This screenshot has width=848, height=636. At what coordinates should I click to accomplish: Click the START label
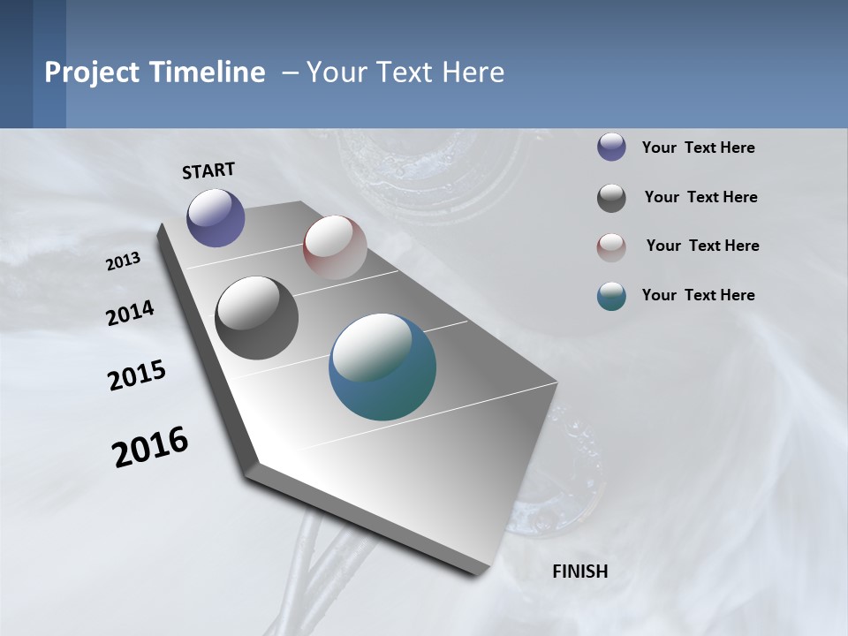pyautogui.click(x=208, y=170)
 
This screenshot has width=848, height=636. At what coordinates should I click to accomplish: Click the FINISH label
pyautogui.click(x=580, y=572)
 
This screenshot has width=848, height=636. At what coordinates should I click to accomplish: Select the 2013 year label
pyautogui.click(x=124, y=261)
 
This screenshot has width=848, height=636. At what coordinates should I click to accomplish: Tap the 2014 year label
pyautogui.click(x=130, y=314)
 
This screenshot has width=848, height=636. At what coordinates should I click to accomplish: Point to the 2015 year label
pyautogui.click(x=137, y=375)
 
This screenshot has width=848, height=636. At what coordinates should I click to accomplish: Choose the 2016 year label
pyautogui.click(x=150, y=447)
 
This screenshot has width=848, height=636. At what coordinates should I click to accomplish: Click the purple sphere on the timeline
pyautogui.click(x=216, y=217)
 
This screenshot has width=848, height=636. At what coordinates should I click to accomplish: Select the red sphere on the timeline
pyautogui.click(x=335, y=247)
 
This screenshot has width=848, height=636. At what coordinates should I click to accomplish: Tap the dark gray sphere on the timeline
pyautogui.click(x=256, y=318)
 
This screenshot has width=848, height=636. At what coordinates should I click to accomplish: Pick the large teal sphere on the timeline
pyautogui.click(x=382, y=367)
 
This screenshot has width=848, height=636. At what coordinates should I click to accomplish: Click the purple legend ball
pyautogui.click(x=611, y=147)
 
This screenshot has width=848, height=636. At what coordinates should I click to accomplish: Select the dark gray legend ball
pyautogui.click(x=611, y=198)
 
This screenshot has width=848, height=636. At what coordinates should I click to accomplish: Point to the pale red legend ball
pyautogui.click(x=611, y=247)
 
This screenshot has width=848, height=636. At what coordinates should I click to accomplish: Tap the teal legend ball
pyautogui.click(x=611, y=296)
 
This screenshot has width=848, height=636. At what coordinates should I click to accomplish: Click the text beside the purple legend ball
pyautogui.click(x=698, y=148)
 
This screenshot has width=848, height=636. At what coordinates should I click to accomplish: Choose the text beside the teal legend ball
pyautogui.click(x=698, y=295)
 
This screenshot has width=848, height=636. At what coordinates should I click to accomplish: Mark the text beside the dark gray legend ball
pyautogui.click(x=700, y=197)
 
